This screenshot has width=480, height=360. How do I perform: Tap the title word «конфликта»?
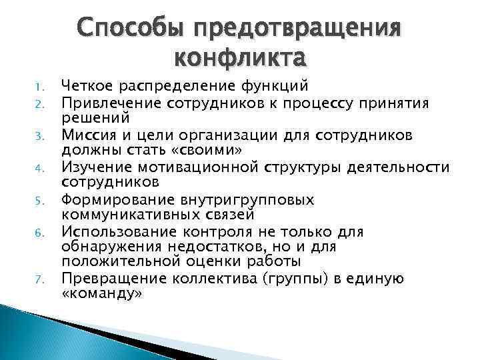pos(240,58)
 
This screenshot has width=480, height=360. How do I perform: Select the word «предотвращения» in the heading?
pos(295,29)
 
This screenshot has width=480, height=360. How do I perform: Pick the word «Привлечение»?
pos(107,101)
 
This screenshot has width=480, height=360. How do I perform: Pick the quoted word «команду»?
pos(101,293)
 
